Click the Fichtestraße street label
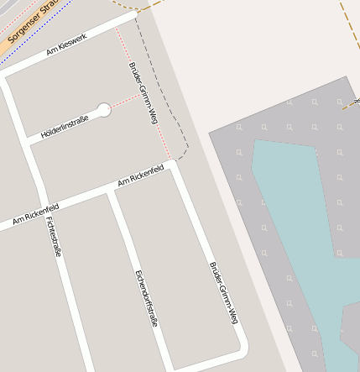tap(55, 236)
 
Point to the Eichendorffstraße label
tap(145, 298)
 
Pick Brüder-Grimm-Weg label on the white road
tap(223, 292)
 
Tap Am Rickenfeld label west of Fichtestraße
tap(35, 214)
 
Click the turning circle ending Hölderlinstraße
tap(104, 109)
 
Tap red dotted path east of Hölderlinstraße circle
tap(126, 101)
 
